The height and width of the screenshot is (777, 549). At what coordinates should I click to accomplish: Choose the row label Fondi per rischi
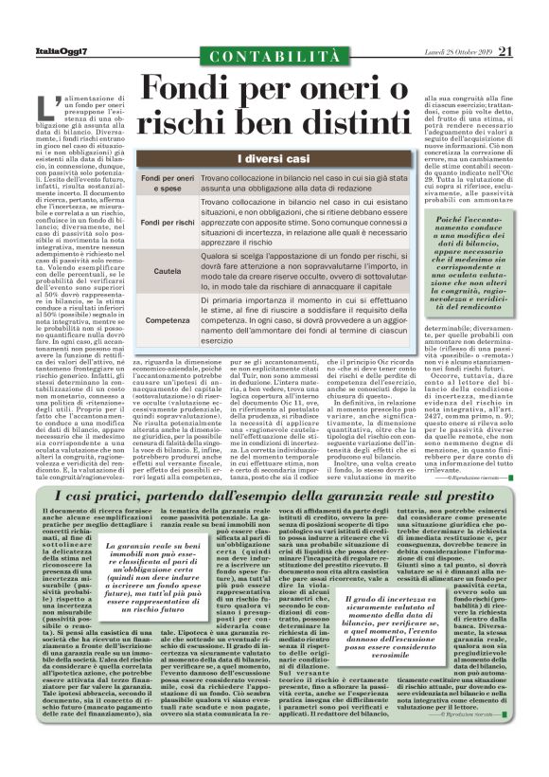pyautogui.click(x=168, y=222)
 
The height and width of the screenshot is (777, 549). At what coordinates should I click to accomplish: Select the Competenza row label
pyautogui.click(x=168, y=321)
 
